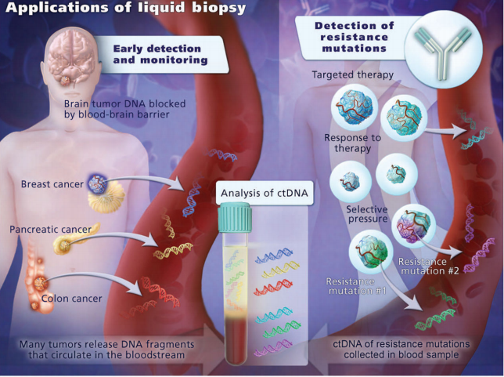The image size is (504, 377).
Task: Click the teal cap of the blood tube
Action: (235, 217)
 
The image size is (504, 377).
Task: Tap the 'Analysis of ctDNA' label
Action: (265, 193)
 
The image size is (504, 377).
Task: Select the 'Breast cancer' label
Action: (52, 184)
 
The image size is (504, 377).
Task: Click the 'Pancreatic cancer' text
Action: (50, 230)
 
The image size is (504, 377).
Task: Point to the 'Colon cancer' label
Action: (72, 299)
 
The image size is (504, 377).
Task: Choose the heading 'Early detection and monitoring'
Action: (160, 54)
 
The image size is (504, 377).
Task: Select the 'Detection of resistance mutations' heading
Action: (355, 37)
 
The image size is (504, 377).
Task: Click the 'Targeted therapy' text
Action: (353, 74)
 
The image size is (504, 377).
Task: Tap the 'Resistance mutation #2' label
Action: (428, 266)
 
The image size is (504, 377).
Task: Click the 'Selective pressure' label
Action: (367, 214)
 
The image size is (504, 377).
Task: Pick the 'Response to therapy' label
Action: (353, 143)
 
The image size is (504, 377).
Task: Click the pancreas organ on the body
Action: (76, 239)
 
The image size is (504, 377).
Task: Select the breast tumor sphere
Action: (97, 184)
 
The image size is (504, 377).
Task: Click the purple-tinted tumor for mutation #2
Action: (413, 226)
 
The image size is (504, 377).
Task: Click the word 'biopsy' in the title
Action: (219, 8)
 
